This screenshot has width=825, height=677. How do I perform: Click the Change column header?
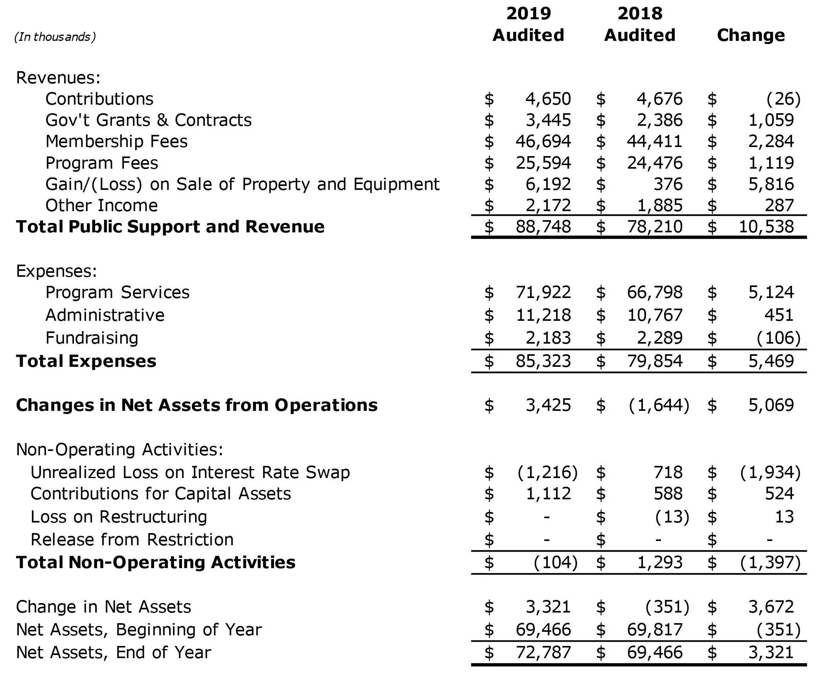pyautogui.click(x=751, y=35)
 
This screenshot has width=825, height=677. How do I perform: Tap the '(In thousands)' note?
pyautogui.click(x=55, y=37)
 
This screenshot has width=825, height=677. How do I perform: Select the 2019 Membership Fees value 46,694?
pyautogui.click(x=543, y=142)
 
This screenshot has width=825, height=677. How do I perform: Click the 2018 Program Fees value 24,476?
pyautogui.click(x=655, y=163)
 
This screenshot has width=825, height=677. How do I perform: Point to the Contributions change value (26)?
pyautogui.click(x=783, y=99)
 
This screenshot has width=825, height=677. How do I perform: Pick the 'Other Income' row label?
pyautogui.click(x=101, y=206)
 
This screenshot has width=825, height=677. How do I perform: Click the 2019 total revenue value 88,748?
pyautogui.click(x=543, y=227)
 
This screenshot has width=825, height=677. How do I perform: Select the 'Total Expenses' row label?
pyautogui.click(x=86, y=361)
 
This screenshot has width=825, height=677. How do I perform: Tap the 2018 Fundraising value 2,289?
pyautogui.click(x=659, y=338)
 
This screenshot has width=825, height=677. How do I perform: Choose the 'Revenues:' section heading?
pyautogui.click(x=58, y=78)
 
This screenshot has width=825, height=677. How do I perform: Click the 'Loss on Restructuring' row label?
pyautogui.click(x=119, y=517)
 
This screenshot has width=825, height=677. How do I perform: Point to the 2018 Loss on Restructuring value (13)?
pyautogui.click(x=672, y=517)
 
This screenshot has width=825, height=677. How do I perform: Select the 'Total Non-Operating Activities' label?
pyautogui.click(x=156, y=563)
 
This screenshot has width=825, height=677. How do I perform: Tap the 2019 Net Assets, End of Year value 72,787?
pyautogui.click(x=543, y=653)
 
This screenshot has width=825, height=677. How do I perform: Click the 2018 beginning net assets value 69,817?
pyautogui.click(x=655, y=630)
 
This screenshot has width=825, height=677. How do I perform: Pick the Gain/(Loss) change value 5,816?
pyautogui.click(x=771, y=184)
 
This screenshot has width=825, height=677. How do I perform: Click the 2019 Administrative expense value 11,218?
pyautogui.click(x=543, y=315)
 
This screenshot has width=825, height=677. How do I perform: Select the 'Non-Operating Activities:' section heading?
pyautogui.click(x=120, y=450)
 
